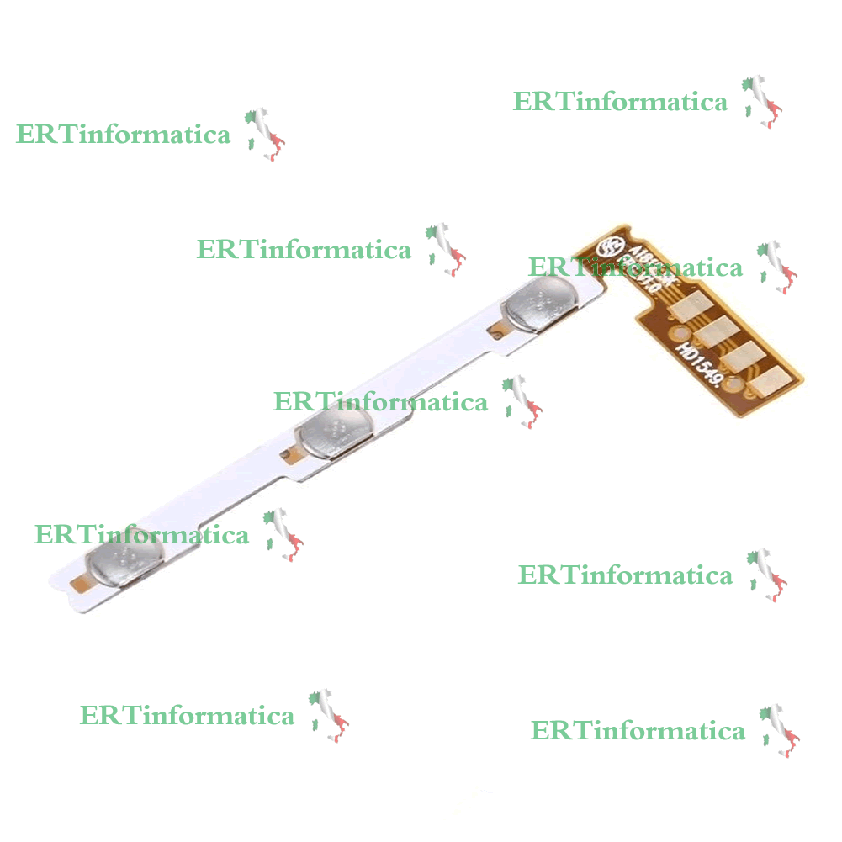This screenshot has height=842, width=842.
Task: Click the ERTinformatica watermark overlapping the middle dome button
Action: click(x=380, y=402)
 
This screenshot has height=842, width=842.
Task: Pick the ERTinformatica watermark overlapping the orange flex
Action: click(x=635, y=267)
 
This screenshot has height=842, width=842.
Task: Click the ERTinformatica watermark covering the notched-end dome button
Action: click(x=141, y=535)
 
